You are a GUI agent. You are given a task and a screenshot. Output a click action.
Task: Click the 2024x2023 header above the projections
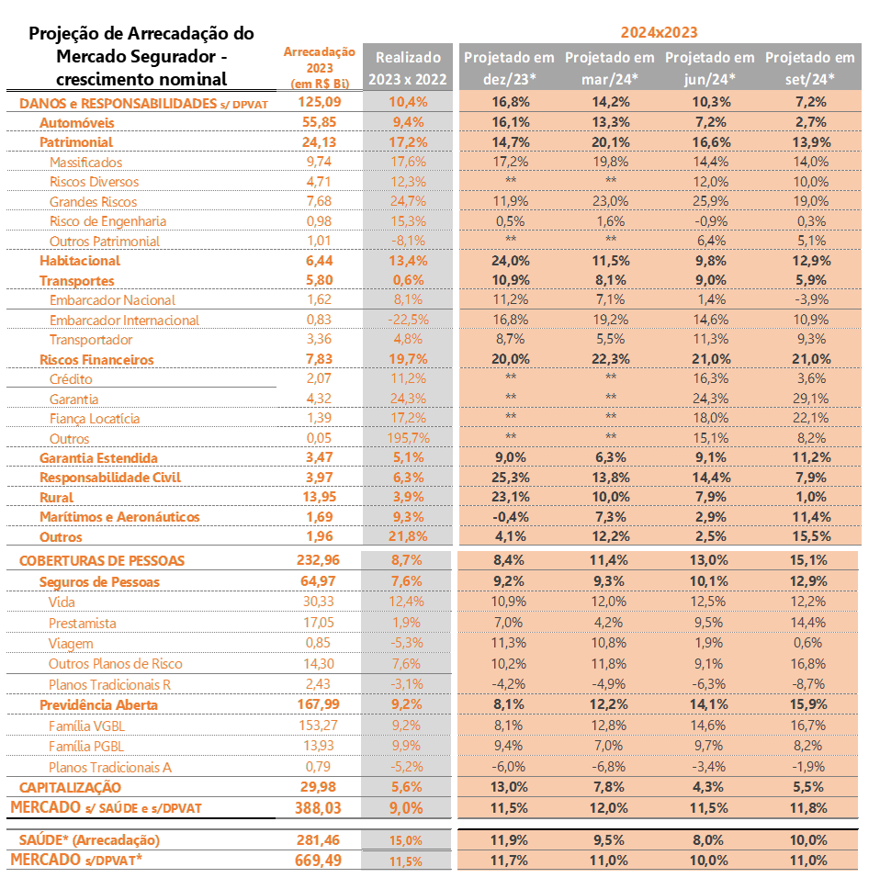click(659, 32)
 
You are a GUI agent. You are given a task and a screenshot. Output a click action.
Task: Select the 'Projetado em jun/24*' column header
click(709, 68)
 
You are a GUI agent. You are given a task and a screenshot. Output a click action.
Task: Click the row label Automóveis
click(76, 122)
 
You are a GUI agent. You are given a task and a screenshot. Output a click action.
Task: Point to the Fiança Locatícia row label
click(95, 419)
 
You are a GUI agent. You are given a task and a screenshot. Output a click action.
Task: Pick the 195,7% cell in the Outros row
click(407, 439)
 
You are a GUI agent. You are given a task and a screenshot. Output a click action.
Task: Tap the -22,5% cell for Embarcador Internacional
click(407, 320)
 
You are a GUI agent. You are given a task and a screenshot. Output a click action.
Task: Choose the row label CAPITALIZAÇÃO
click(70, 787)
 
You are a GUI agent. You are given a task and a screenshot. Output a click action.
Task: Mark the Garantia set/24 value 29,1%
click(809, 399)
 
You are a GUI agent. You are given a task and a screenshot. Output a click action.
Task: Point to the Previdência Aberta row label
click(99, 704)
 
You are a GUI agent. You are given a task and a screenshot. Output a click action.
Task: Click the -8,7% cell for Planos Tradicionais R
click(809, 684)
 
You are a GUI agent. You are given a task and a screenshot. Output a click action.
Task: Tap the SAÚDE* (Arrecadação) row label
click(89, 839)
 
